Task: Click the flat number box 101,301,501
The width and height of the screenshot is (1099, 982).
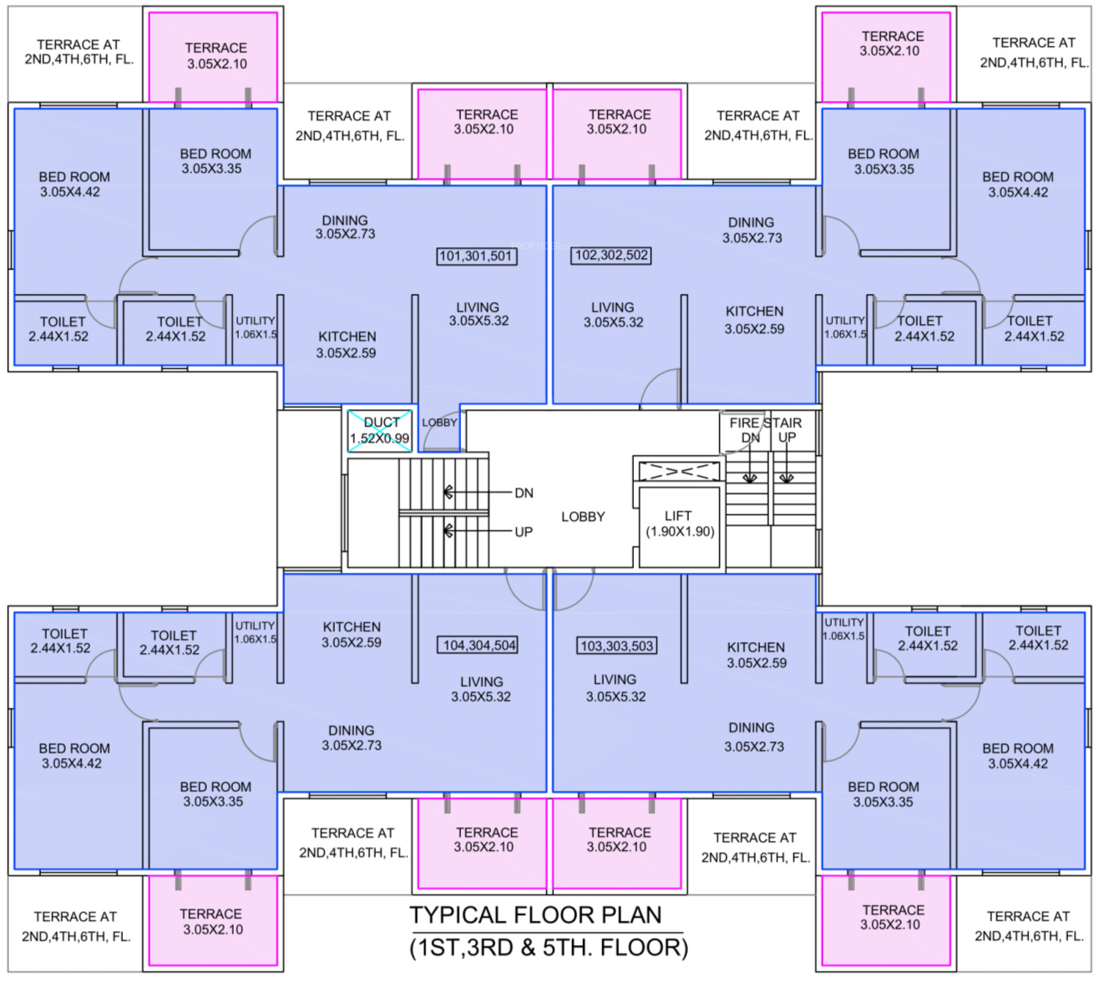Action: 477,256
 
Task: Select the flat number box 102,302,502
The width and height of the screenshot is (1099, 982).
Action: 611,255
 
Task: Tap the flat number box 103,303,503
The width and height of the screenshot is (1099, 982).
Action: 617,645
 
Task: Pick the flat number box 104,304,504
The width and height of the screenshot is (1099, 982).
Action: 479,645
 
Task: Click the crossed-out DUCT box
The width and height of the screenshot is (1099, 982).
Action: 380,431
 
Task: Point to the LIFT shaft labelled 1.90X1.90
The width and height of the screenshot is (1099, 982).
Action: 680,524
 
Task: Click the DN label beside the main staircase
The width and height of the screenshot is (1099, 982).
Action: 524,494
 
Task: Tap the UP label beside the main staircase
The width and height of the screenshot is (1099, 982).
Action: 524,532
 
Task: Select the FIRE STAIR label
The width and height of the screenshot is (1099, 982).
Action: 765,423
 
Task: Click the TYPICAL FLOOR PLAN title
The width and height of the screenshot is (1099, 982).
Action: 535,914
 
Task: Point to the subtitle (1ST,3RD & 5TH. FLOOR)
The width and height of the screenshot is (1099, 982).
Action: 549,948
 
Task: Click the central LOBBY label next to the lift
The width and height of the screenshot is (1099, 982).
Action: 583,517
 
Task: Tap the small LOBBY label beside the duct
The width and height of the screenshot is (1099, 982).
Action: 439,423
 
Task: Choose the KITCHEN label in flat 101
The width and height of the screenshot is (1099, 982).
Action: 347,337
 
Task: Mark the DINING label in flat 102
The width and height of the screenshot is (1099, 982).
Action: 751,222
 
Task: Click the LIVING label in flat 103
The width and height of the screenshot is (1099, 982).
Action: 615,680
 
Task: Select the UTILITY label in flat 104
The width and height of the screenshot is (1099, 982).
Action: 255,625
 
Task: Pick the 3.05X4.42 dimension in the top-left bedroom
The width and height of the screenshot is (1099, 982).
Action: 70,192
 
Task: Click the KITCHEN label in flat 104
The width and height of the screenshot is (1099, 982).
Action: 352,626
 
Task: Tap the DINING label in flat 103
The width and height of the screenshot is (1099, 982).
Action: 752,728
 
